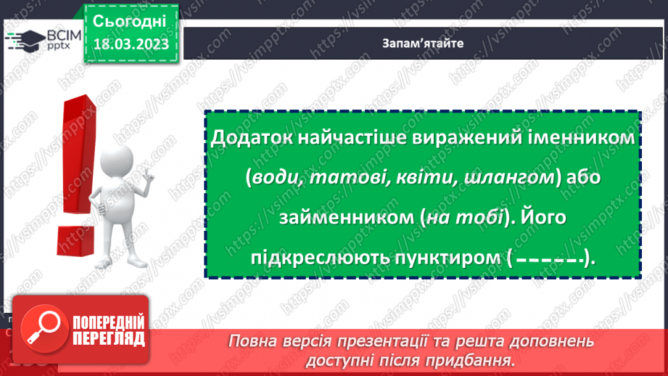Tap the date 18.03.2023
coord(131,44)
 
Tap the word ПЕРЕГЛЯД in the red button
coord(109,338)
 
